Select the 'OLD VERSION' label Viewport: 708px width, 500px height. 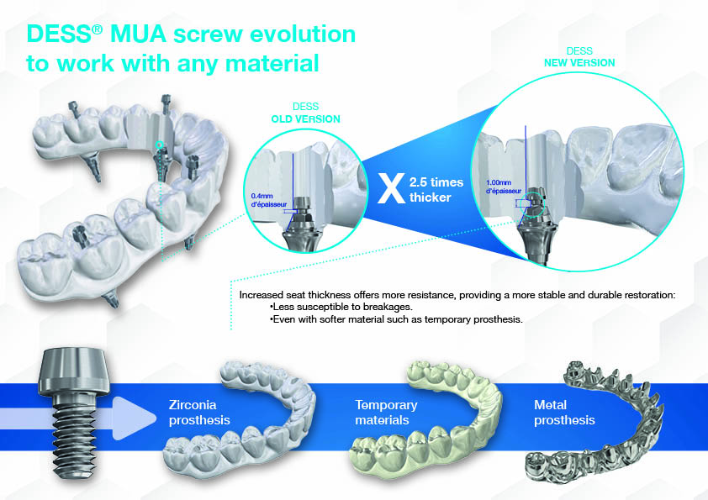click(305, 119)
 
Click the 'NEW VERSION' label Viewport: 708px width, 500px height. click(580, 63)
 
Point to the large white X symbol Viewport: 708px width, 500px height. click(388, 190)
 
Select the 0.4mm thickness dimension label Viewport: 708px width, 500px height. click(268, 200)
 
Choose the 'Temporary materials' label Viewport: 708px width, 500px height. click(386, 412)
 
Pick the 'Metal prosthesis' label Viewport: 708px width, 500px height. click(564, 412)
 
